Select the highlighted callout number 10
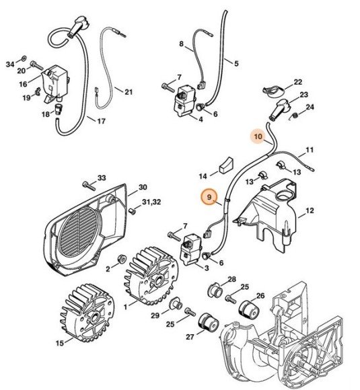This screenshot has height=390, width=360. coord(258,136)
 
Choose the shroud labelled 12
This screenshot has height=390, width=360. coord(276,208)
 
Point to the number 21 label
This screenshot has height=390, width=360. coord(129,92)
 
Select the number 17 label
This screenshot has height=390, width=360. coord(102,121)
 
